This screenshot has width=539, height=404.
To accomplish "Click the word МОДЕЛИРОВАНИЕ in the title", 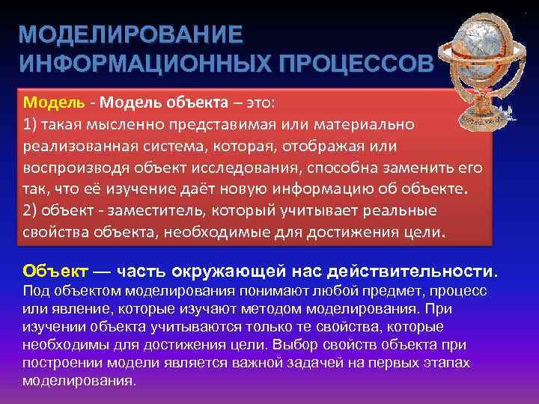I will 131,36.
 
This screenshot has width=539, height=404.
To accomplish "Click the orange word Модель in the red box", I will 47,102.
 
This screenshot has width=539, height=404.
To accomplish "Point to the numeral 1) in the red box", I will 31,123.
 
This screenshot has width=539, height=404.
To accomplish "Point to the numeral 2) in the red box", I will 31,209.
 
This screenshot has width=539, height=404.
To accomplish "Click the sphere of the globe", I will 481,49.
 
